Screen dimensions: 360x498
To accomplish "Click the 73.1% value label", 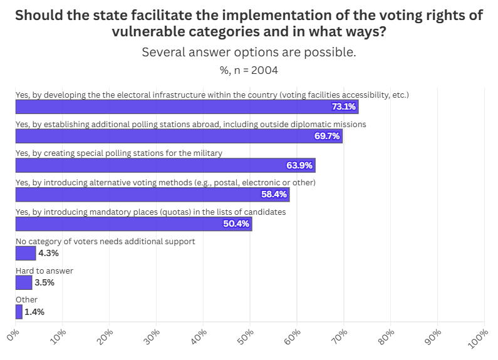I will tap(344, 106).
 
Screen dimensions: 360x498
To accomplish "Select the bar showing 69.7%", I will tap(179, 136).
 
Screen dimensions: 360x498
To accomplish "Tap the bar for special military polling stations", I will tap(165, 165).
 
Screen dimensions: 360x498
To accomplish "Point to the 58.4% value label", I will tap(274, 195).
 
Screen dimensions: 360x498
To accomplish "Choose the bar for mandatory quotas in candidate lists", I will tap(133, 224).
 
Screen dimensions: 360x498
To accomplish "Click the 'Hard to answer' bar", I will tap(23, 282).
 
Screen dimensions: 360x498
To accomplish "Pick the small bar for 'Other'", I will tap(19, 312).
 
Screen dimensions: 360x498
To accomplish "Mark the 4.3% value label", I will tap(48, 253).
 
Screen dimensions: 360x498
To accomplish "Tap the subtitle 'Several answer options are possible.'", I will tap(249, 52).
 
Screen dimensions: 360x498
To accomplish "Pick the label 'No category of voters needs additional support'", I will tap(105, 241).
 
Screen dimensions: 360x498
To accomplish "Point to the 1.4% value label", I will tap(34, 312).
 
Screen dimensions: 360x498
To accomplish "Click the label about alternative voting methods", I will tap(165, 182).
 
